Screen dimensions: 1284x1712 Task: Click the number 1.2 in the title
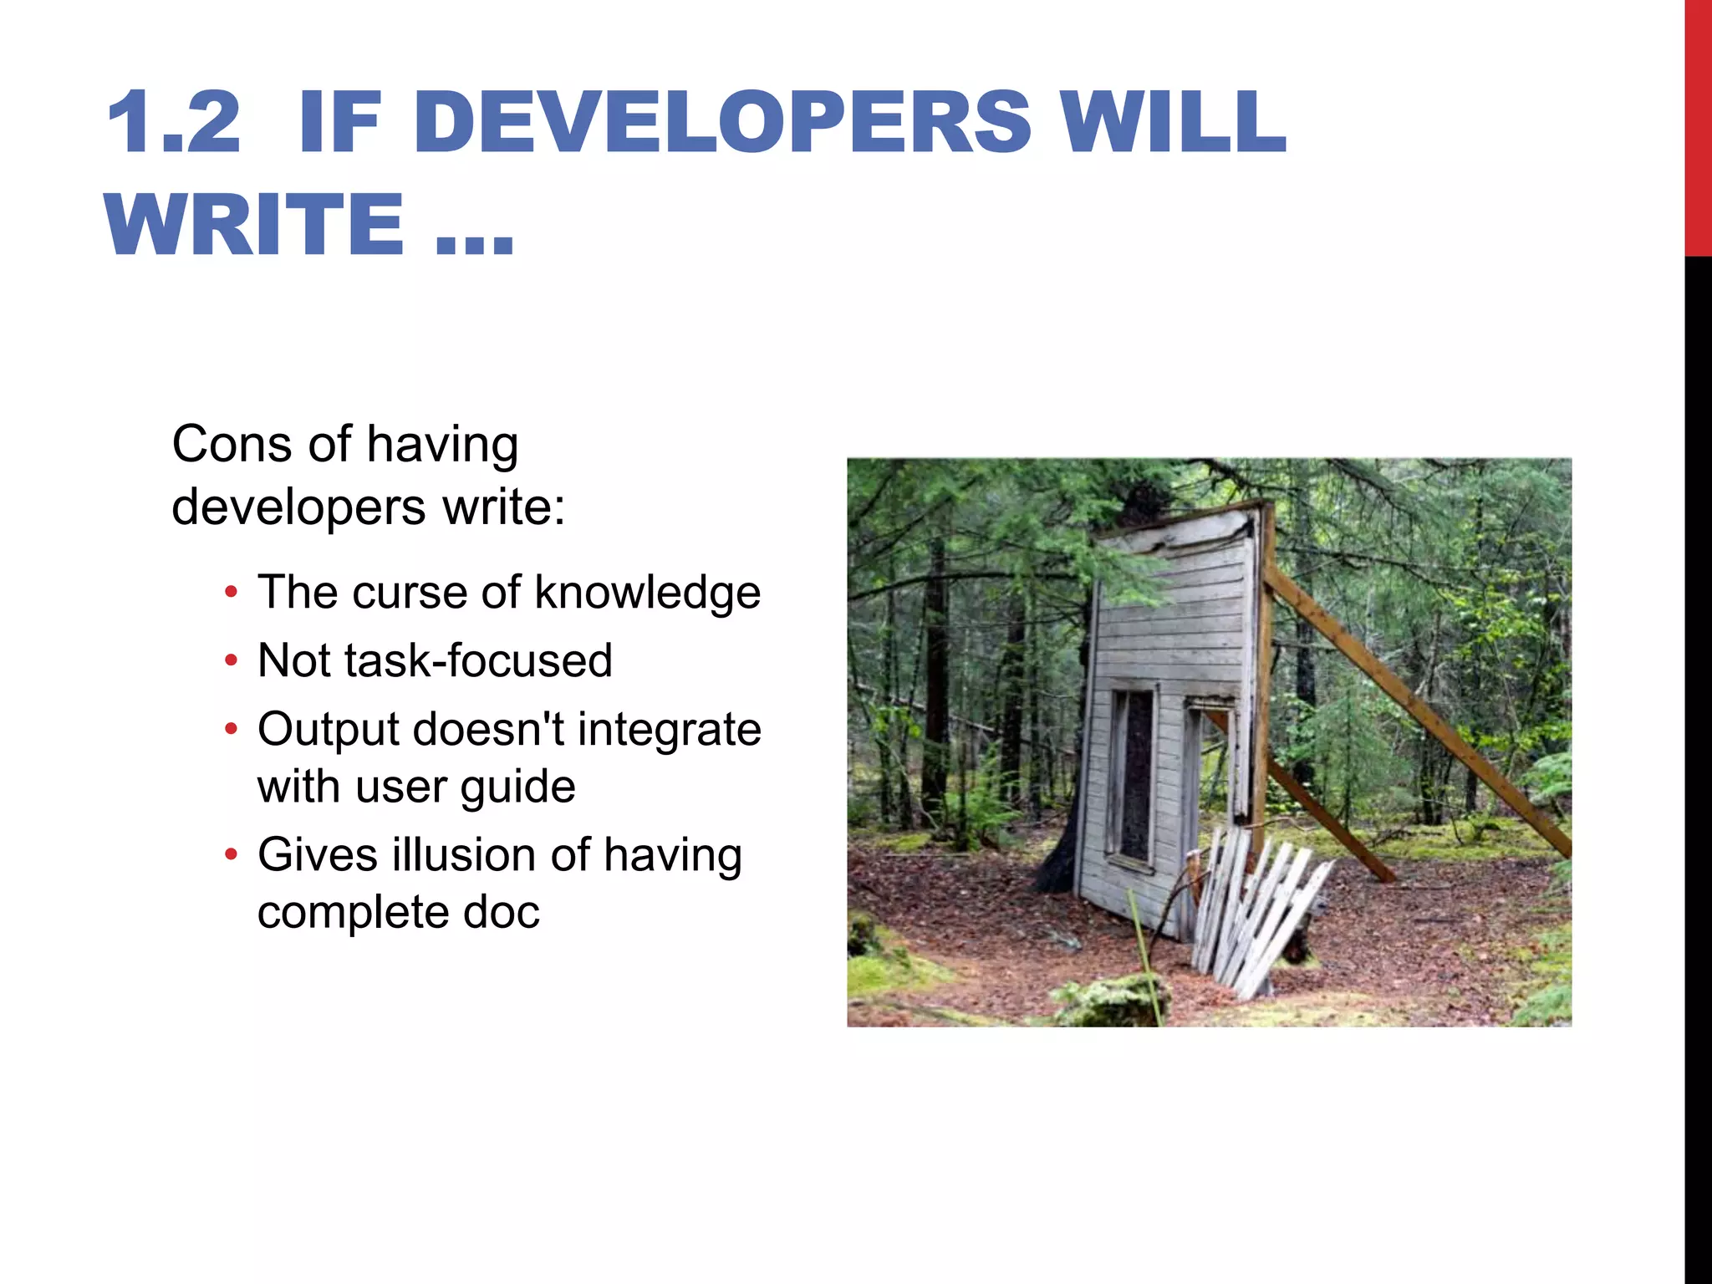point(174,123)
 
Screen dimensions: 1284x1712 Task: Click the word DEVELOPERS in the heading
point(723,123)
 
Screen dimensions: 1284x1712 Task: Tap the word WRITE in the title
point(255,224)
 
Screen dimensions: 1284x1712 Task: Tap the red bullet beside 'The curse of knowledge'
point(232,594)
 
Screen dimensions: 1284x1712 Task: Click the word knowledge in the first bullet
point(647,594)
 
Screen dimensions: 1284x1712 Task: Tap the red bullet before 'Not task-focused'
point(232,662)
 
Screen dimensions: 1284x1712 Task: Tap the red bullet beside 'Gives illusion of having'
point(232,856)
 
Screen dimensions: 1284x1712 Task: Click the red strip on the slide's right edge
point(1698,125)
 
